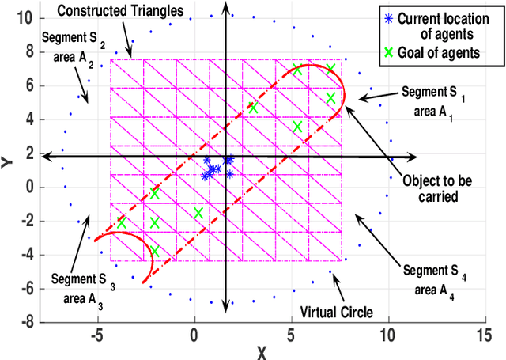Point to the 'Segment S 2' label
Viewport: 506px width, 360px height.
click(70, 38)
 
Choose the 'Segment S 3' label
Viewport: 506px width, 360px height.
click(79, 278)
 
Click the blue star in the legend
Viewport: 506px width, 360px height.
click(388, 18)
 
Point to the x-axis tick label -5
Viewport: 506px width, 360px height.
click(96, 335)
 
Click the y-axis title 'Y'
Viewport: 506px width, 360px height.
click(7, 161)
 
